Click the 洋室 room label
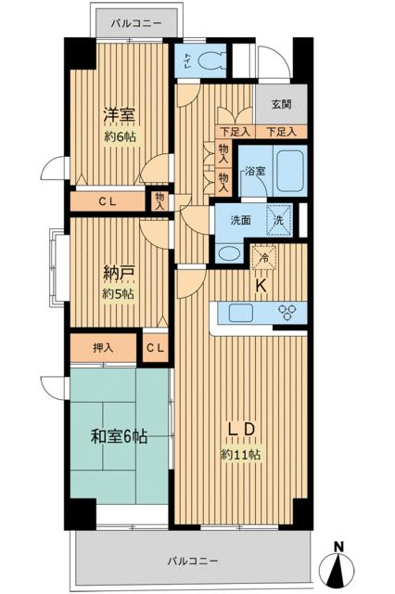pyautogui.click(x=118, y=114)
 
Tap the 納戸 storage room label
pyautogui.click(x=118, y=275)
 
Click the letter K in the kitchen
pyautogui.click(x=261, y=286)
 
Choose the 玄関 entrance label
pyautogui.click(x=281, y=105)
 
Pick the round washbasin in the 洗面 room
pyautogui.click(x=225, y=252)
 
